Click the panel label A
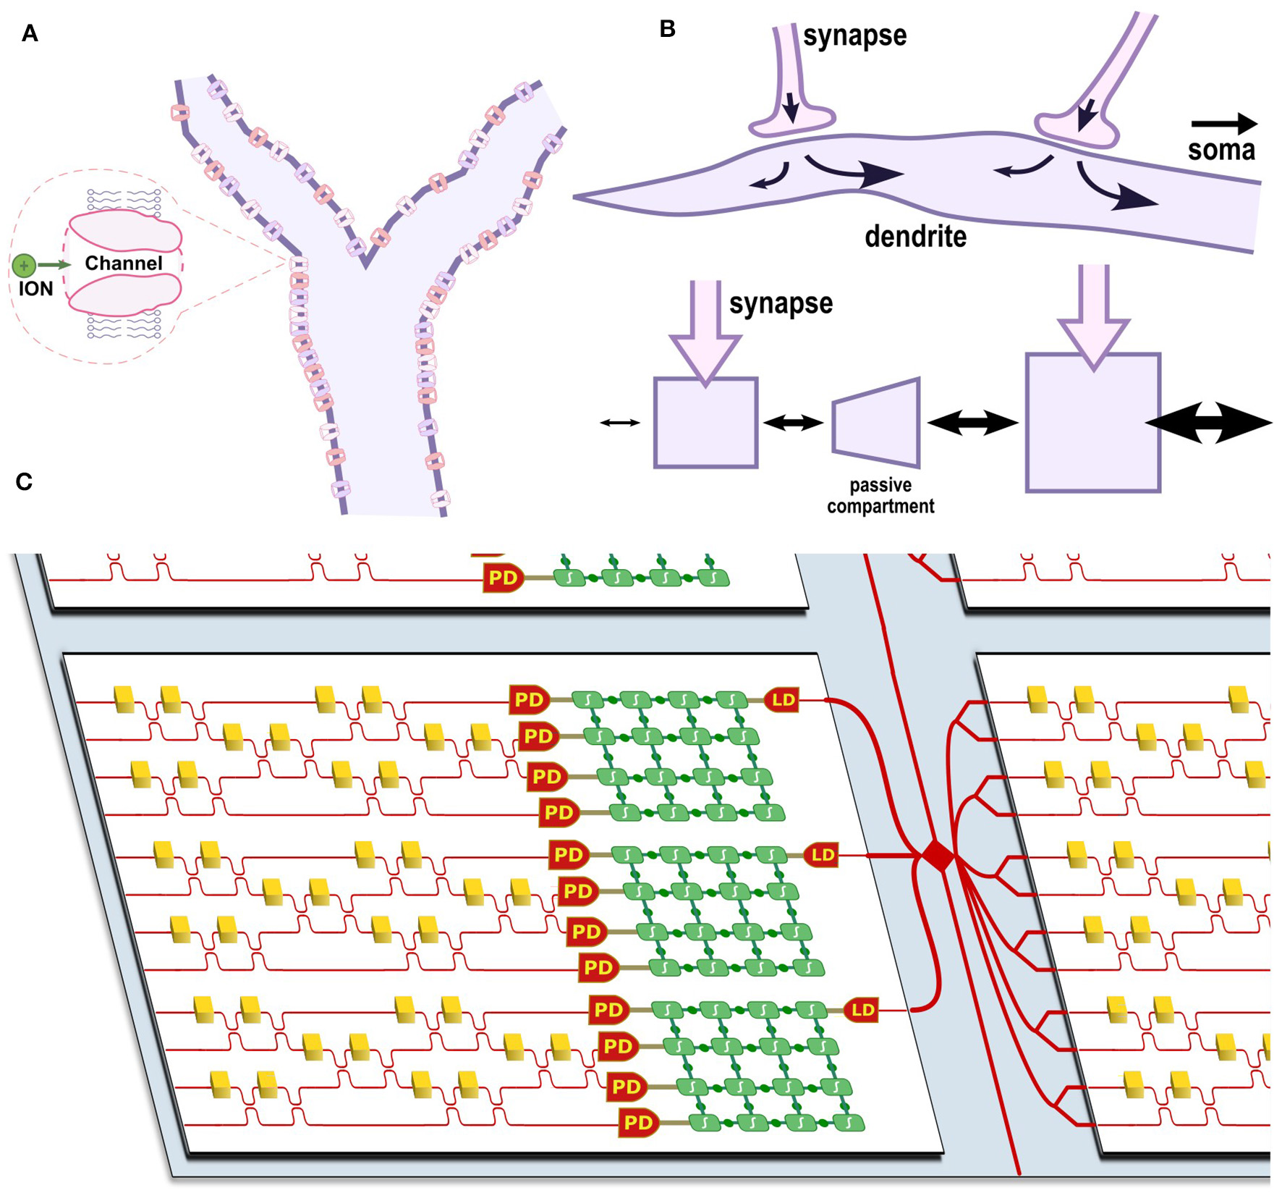[x=30, y=33]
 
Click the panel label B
[x=667, y=29]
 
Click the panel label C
[x=24, y=481]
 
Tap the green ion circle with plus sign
[x=24, y=266]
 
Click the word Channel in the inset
[x=123, y=264]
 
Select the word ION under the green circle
[x=35, y=289]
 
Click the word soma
[x=1221, y=150]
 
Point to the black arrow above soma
[x=1223, y=123]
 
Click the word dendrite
[x=915, y=237]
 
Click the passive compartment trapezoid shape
[x=877, y=423]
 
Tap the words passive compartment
[x=880, y=496]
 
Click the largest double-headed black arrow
[x=1208, y=423]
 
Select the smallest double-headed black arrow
[x=620, y=423]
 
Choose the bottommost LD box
[x=862, y=1010]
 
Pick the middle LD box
[x=822, y=855]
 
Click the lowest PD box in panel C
[x=638, y=1123]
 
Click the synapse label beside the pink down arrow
[x=780, y=303]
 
